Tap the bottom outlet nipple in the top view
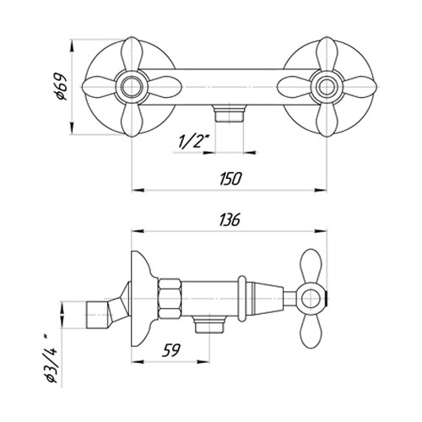[x=229, y=113]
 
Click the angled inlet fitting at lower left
[x=105, y=311]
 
